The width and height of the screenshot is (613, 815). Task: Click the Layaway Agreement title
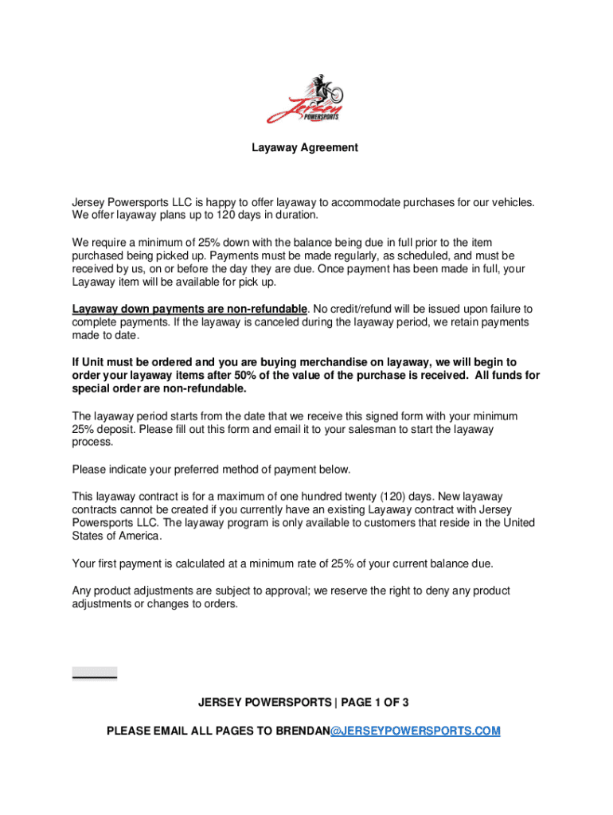tap(305, 147)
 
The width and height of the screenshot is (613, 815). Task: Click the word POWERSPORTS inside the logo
tap(322, 116)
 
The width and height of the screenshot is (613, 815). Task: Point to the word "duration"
tap(294, 215)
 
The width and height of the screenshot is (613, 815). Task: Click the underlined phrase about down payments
tap(189, 308)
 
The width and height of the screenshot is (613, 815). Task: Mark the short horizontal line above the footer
tap(95, 677)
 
